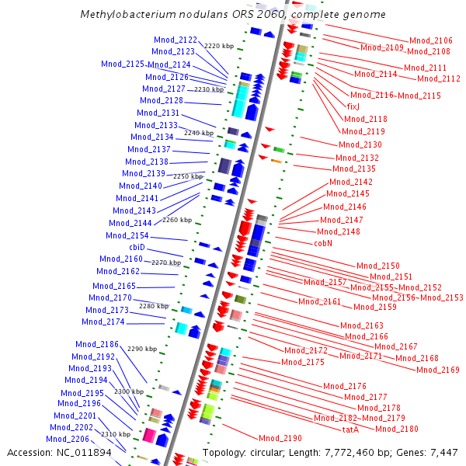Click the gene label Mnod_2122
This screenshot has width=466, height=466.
click(x=175, y=40)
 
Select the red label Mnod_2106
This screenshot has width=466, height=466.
click(x=430, y=40)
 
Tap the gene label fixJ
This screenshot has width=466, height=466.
click(x=353, y=106)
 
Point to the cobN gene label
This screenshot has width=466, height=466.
click(x=324, y=243)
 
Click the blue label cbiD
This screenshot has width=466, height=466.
click(x=137, y=247)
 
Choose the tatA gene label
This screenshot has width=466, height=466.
click(x=350, y=429)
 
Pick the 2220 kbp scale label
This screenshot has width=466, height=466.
click(x=219, y=47)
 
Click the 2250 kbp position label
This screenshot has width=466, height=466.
click(x=187, y=177)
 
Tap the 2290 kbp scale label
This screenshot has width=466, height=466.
click(x=141, y=349)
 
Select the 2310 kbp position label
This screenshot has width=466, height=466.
click(x=116, y=434)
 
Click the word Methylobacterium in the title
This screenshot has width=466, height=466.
click(x=125, y=15)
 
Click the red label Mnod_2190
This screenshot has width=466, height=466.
click(x=280, y=439)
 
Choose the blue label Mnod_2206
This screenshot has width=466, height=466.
click(x=68, y=439)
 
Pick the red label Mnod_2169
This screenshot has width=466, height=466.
click(x=437, y=370)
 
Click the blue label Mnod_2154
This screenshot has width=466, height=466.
click(x=127, y=235)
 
